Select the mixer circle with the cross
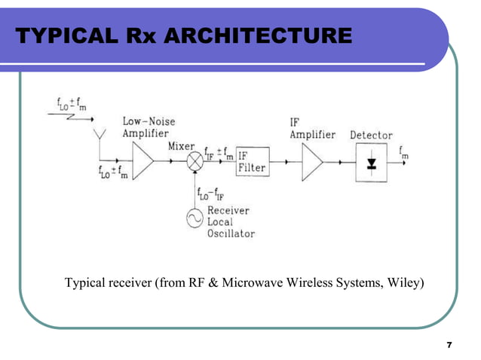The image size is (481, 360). click(195, 161)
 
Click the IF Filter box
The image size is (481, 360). click(252, 161)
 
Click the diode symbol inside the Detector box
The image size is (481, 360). click(371, 163)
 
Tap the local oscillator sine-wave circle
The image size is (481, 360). click(195, 219)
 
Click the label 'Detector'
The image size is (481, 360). click(371, 135)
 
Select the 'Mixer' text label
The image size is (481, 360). click(182, 145)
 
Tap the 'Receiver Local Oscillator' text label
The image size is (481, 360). click(231, 222)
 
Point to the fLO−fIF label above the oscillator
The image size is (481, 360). click(213, 194)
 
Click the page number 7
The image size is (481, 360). click(449, 345)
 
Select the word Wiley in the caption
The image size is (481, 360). click(406, 283)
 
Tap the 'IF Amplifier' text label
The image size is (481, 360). click(312, 128)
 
